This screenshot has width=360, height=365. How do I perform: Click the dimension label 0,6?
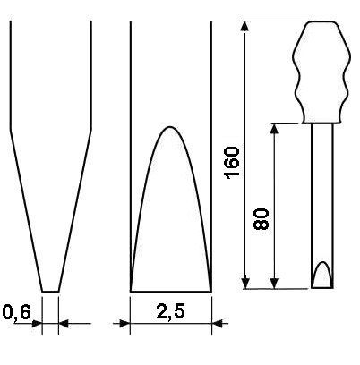pos(17,313)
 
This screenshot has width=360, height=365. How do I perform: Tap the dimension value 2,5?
pos(171,312)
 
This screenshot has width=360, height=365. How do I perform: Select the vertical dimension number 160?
pos(233,163)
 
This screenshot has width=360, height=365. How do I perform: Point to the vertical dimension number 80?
pos(261,219)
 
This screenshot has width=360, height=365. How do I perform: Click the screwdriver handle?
pos(321,72)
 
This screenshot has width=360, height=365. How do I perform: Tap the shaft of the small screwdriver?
pos(322,206)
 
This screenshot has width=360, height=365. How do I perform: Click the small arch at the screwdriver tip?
pos(322,262)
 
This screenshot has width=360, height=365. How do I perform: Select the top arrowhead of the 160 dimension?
pos(245,26)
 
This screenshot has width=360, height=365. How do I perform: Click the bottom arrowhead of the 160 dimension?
pos(245,284)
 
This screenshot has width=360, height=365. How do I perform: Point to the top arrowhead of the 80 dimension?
pos(274,129)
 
